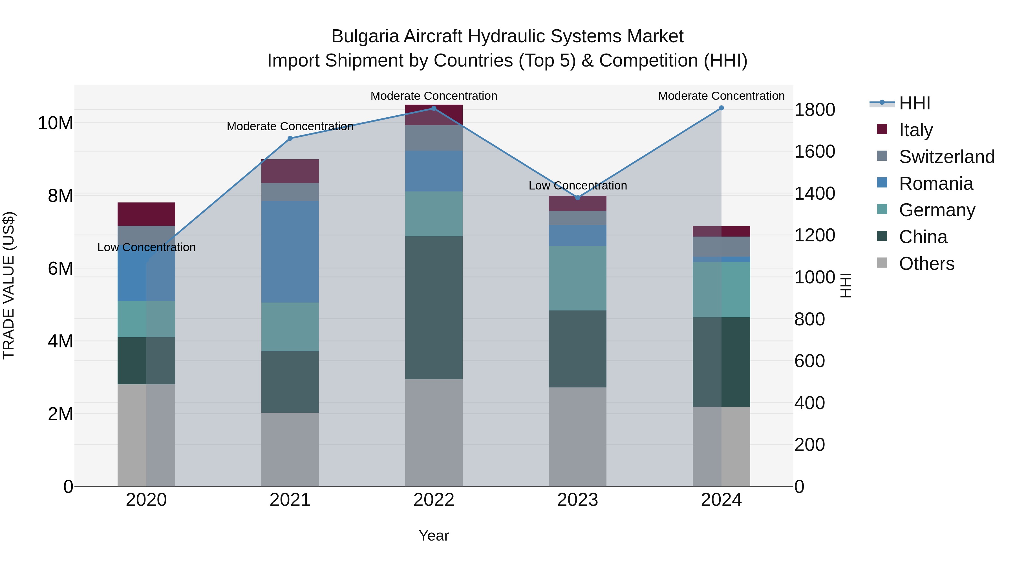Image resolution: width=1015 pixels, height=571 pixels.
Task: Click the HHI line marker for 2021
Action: click(x=290, y=138)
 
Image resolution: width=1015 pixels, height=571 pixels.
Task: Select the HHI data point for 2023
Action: click(x=578, y=197)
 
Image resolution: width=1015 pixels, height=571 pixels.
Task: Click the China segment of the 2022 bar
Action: click(x=434, y=307)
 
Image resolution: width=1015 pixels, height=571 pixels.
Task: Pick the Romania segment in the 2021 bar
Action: click(x=290, y=252)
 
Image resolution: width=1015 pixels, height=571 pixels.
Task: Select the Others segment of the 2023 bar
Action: click(x=578, y=436)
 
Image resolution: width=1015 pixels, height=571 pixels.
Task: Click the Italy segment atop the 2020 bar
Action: click(x=146, y=214)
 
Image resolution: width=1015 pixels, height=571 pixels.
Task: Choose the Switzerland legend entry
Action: click(x=946, y=156)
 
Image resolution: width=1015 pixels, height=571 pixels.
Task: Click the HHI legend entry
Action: click(x=914, y=103)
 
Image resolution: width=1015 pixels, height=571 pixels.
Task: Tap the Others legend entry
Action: click(x=926, y=264)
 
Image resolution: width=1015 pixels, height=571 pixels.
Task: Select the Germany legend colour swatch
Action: click(x=882, y=210)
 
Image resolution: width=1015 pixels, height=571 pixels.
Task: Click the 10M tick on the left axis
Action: click(x=55, y=123)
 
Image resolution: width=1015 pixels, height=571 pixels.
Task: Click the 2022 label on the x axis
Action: click(x=434, y=500)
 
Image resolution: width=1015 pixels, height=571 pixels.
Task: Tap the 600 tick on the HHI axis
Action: click(x=809, y=361)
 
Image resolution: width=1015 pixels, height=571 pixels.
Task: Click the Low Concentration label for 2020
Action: click(x=146, y=248)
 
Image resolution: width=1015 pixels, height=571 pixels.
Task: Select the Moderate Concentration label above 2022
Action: click(x=434, y=96)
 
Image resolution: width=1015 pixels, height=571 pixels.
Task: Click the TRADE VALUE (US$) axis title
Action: click(x=9, y=285)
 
